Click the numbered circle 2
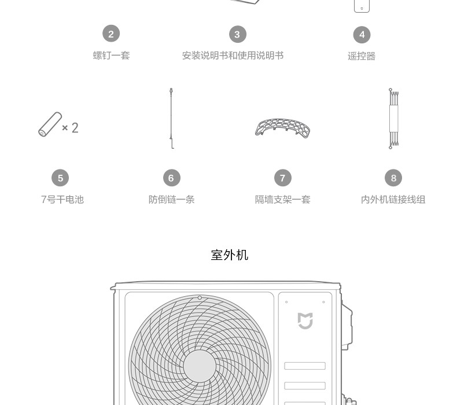(111, 34)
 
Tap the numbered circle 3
(238, 34)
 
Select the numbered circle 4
(362, 35)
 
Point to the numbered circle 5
(60, 178)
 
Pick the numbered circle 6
(172, 178)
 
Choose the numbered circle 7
(283, 178)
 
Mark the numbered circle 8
(393, 178)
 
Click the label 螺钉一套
(111, 56)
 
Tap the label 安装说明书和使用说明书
(233, 56)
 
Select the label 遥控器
(362, 56)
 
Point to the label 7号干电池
(62, 200)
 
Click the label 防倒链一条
(171, 200)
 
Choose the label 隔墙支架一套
(283, 200)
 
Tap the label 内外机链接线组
(393, 200)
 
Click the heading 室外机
(230, 255)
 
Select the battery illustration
(50, 124)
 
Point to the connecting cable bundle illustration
(394, 119)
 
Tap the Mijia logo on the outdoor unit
(305, 321)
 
